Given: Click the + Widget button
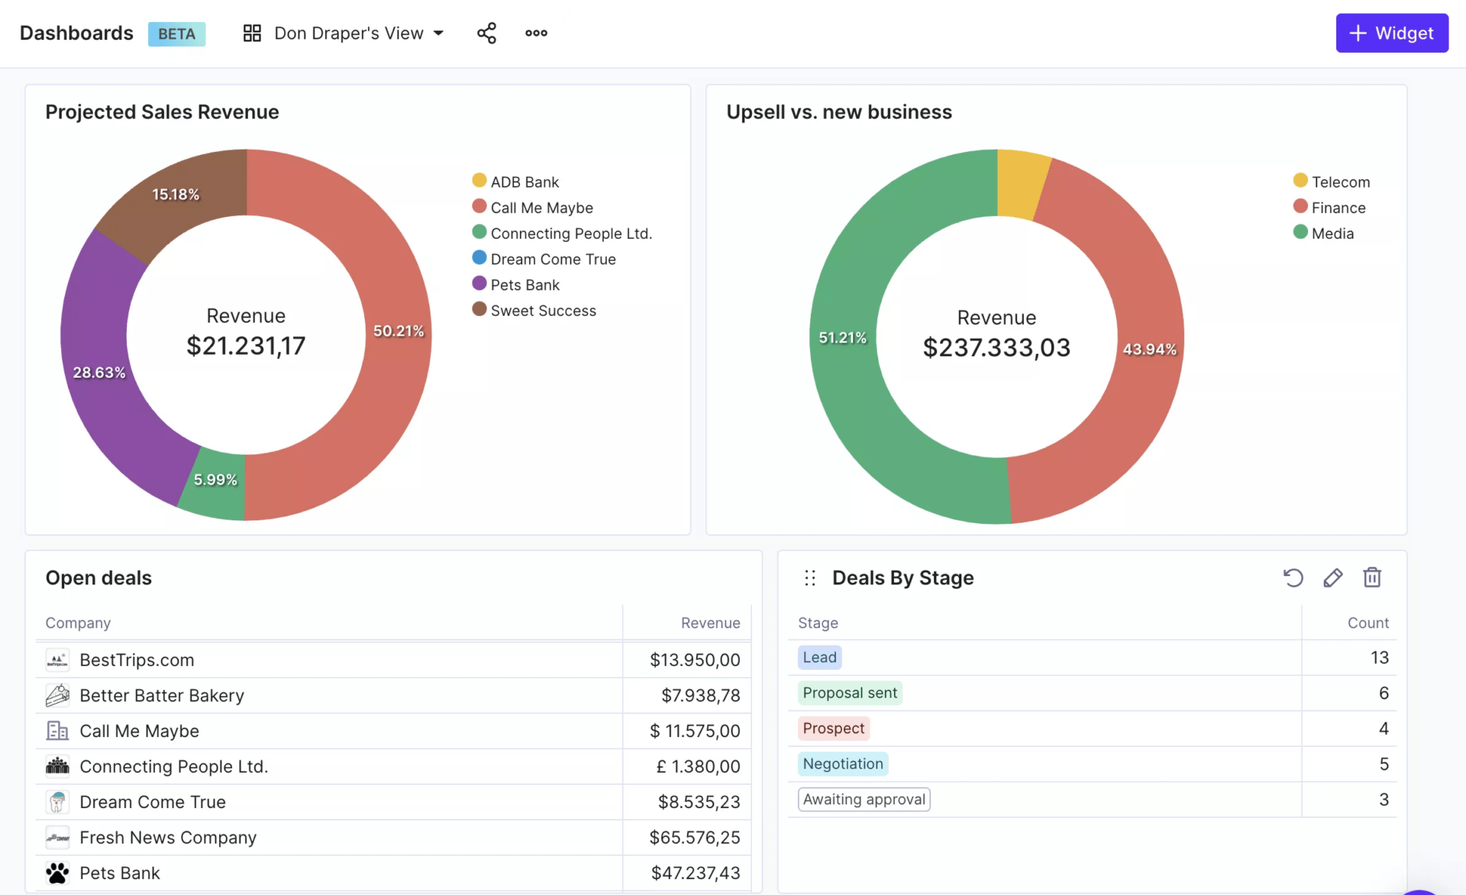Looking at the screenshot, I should click(1391, 33).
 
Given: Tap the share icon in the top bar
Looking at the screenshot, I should click(486, 33).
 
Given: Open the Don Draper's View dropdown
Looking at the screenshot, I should click(344, 33).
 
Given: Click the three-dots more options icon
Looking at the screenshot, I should click(536, 33).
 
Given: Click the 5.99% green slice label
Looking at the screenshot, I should click(215, 480).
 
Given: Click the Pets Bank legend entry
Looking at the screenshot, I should click(525, 285).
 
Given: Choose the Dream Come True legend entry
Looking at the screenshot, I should click(553, 259).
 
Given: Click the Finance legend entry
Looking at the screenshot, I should click(1338, 208).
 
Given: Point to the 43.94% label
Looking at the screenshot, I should click(1149, 349).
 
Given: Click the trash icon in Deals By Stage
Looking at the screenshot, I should click(1372, 578).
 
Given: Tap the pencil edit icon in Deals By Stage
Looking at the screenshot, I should click(1332, 578).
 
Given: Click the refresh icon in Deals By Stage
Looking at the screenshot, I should click(1293, 578).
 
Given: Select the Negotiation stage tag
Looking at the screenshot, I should click(842, 764).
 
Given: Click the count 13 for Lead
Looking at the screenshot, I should click(1379, 658).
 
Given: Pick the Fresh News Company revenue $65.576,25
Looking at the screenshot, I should click(694, 838).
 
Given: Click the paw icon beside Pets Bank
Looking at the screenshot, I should click(57, 873).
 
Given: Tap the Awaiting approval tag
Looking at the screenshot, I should click(864, 800).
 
